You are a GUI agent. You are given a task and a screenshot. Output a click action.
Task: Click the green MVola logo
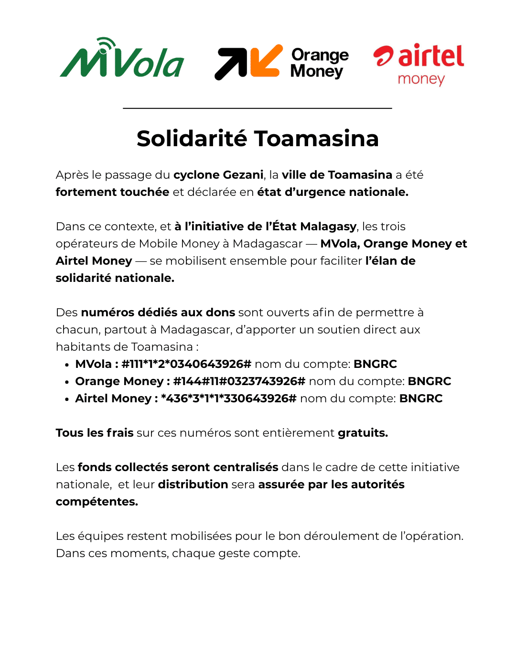click(x=122, y=60)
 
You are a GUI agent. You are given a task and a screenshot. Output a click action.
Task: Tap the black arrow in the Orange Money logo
click(x=230, y=64)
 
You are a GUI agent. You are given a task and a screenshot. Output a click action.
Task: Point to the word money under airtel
click(x=421, y=79)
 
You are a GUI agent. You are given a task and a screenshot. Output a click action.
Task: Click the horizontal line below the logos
click(x=258, y=108)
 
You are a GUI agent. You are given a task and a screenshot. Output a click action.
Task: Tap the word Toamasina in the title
click(x=316, y=139)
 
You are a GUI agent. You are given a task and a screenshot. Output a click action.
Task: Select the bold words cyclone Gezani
click(x=218, y=175)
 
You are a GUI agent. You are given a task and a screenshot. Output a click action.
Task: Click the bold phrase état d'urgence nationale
click(x=333, y=192)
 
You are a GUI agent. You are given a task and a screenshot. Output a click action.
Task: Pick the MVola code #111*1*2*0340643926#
click(x=186, y=364)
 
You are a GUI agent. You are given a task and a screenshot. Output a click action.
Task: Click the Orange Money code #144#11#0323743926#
click(x=239, y=381)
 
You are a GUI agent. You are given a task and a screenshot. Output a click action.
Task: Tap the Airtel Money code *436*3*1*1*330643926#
click(x=229, y=398)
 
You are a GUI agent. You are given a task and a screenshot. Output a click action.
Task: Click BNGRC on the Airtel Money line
click(x=421, y=398)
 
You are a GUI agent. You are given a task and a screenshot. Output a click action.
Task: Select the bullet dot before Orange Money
click(x=67, y=382)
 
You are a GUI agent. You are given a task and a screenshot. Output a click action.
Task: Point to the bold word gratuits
click(x=363, y=433)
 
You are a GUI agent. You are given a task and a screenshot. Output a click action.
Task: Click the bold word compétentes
click(x=97, y=502)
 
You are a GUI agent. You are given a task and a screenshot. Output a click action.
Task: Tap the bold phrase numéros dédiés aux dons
click(x=158, y=312)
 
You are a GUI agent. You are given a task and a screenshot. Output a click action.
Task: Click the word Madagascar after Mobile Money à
click(x=268, y=244)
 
